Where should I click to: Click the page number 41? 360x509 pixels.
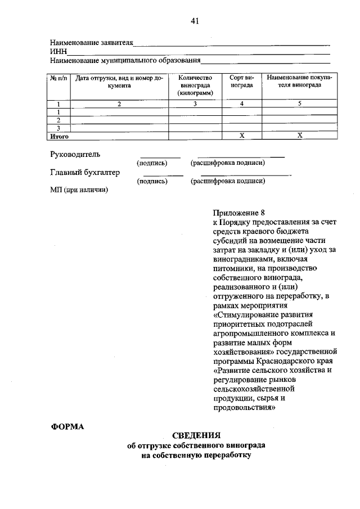click(195, 21)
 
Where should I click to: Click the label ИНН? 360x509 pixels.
click(58, 52)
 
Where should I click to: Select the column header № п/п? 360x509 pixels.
click(58, 79)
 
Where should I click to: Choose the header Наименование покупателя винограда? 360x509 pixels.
click(299, 82)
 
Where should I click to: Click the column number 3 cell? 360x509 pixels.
click(195, 104)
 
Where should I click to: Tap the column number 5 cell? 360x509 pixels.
click(299, 104)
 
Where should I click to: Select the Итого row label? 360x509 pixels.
click(59, 136)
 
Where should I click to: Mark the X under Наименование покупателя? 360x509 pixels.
click(299, 136)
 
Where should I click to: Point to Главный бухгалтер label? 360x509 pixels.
click(84, 173)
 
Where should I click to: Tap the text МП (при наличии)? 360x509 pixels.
click(79, 190)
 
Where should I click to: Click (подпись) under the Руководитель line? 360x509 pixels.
click(152, 163)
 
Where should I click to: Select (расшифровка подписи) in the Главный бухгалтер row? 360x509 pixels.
click(227, 181)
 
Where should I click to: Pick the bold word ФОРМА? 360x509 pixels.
click(67, 426)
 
